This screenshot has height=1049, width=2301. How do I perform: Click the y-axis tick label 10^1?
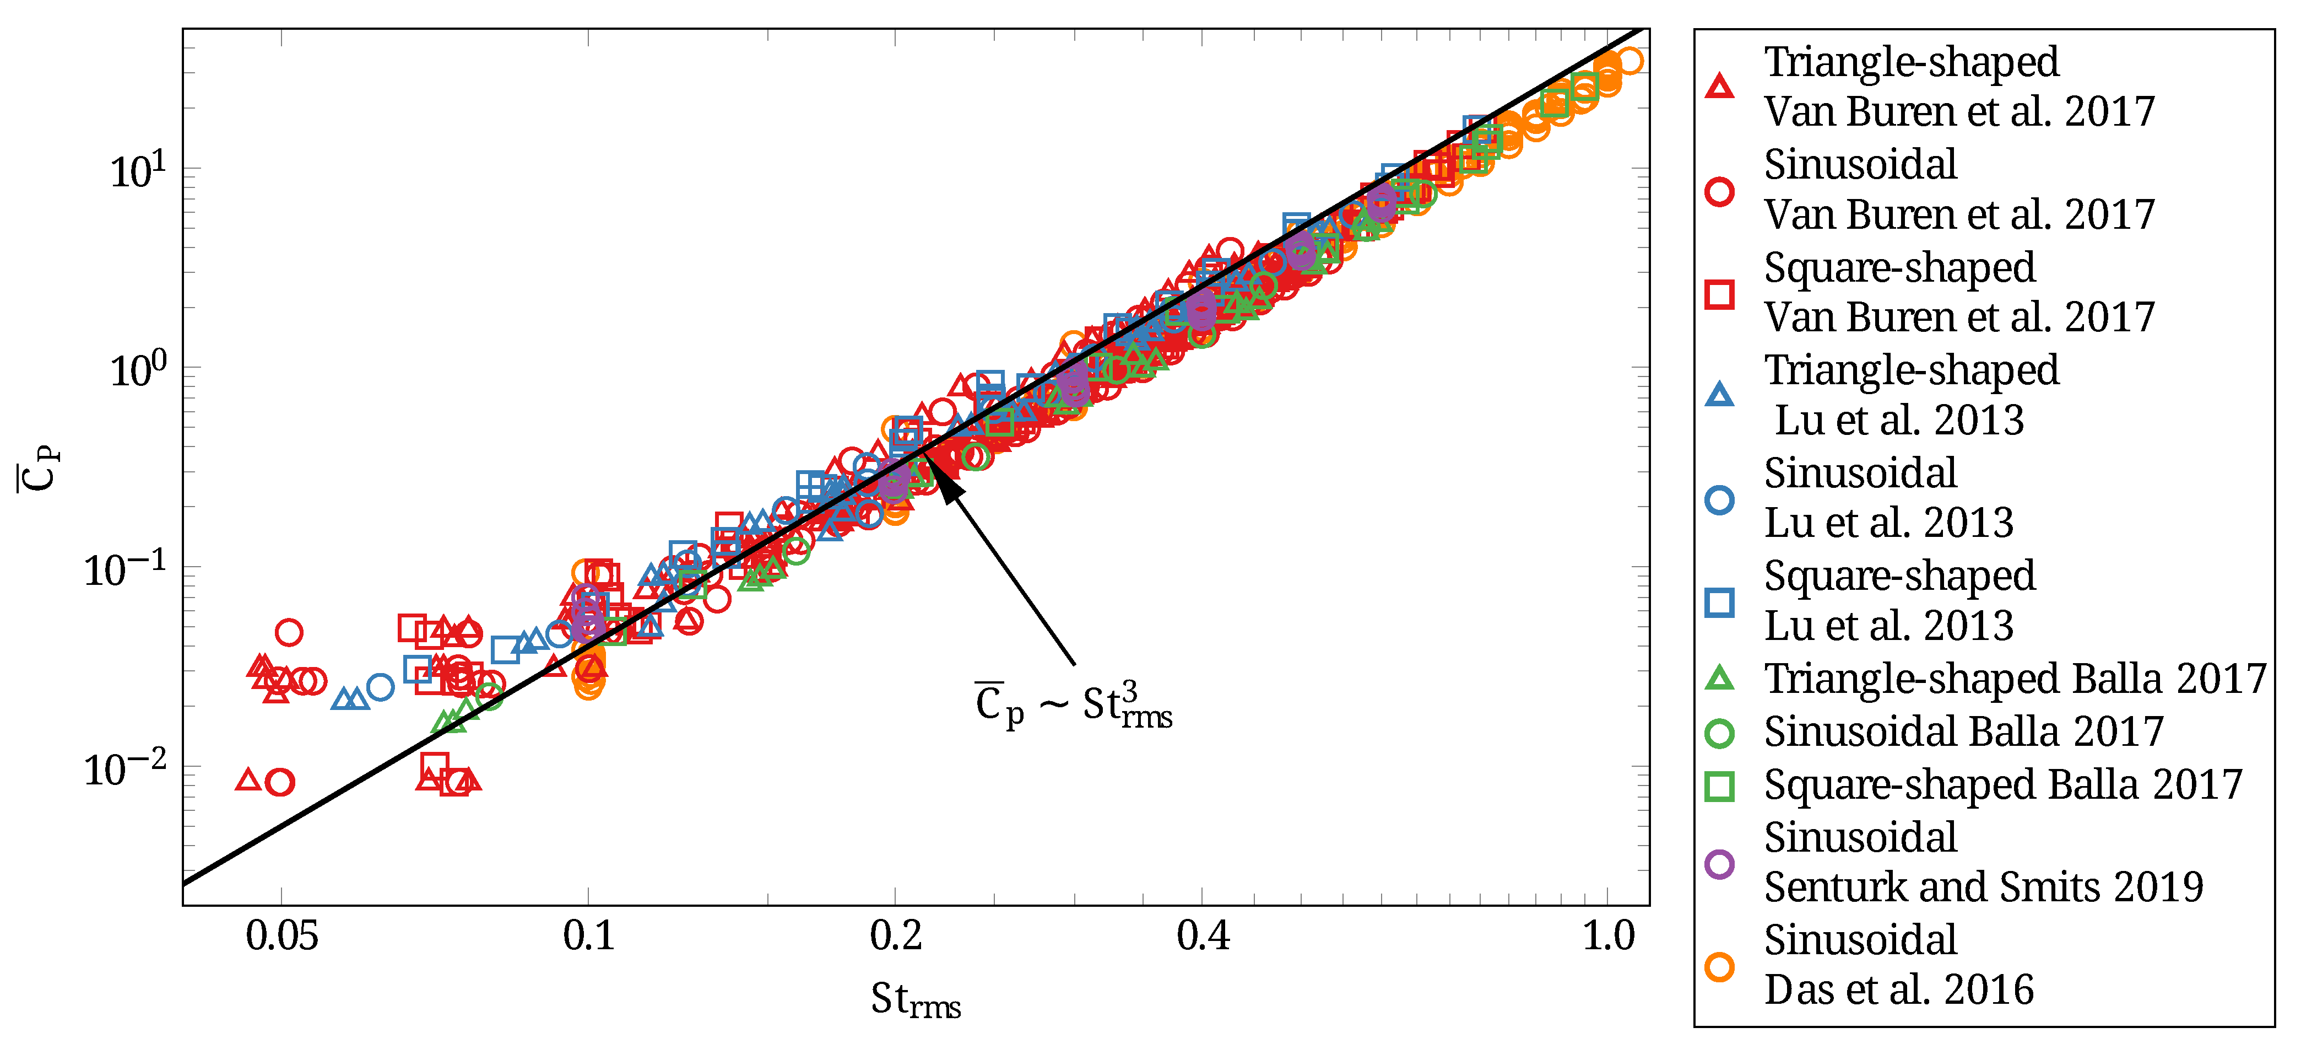(x=138, y=170)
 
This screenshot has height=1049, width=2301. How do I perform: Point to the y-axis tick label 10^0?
(x=138, y=368)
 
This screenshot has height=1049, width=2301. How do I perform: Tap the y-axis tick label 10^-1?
(x=125, y=568)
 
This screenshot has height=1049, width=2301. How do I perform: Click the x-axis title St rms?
(x=916, y=999)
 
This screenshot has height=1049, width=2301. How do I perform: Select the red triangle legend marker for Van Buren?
(x=1719, y=87)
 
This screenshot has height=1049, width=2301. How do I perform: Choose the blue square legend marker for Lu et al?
(x=1719, y=602)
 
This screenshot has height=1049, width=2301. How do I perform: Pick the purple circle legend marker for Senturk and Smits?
(x=1719, y=864)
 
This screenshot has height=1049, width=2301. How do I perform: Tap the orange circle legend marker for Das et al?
(x=1719, y=967)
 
